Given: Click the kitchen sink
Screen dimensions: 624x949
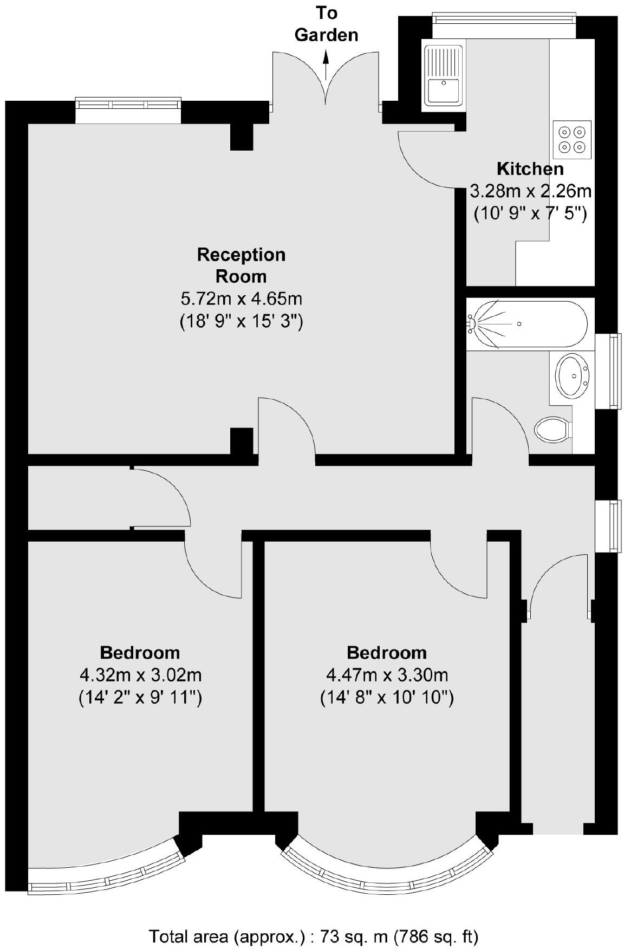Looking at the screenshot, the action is pos(444,75).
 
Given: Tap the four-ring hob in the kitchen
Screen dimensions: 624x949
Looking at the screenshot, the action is pos(572,139).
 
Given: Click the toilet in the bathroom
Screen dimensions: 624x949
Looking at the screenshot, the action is pos(553,431).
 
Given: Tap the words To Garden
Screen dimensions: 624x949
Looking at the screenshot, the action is pos(326,24).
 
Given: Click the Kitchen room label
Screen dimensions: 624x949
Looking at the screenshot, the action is pos(530,168).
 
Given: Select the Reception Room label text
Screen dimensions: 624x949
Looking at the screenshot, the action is pos(241,265).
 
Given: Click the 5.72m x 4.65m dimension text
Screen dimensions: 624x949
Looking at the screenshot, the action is pos(241,298).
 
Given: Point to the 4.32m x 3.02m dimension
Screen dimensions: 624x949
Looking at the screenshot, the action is pos(140,675).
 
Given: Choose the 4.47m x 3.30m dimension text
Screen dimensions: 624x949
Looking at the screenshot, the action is pos(387,675).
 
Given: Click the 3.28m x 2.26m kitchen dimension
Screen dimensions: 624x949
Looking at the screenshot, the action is pos(530,191).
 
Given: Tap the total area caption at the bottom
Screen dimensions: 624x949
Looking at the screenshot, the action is pos(314,936).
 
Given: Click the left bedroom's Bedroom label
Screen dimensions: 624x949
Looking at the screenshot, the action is pos(140,652).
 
